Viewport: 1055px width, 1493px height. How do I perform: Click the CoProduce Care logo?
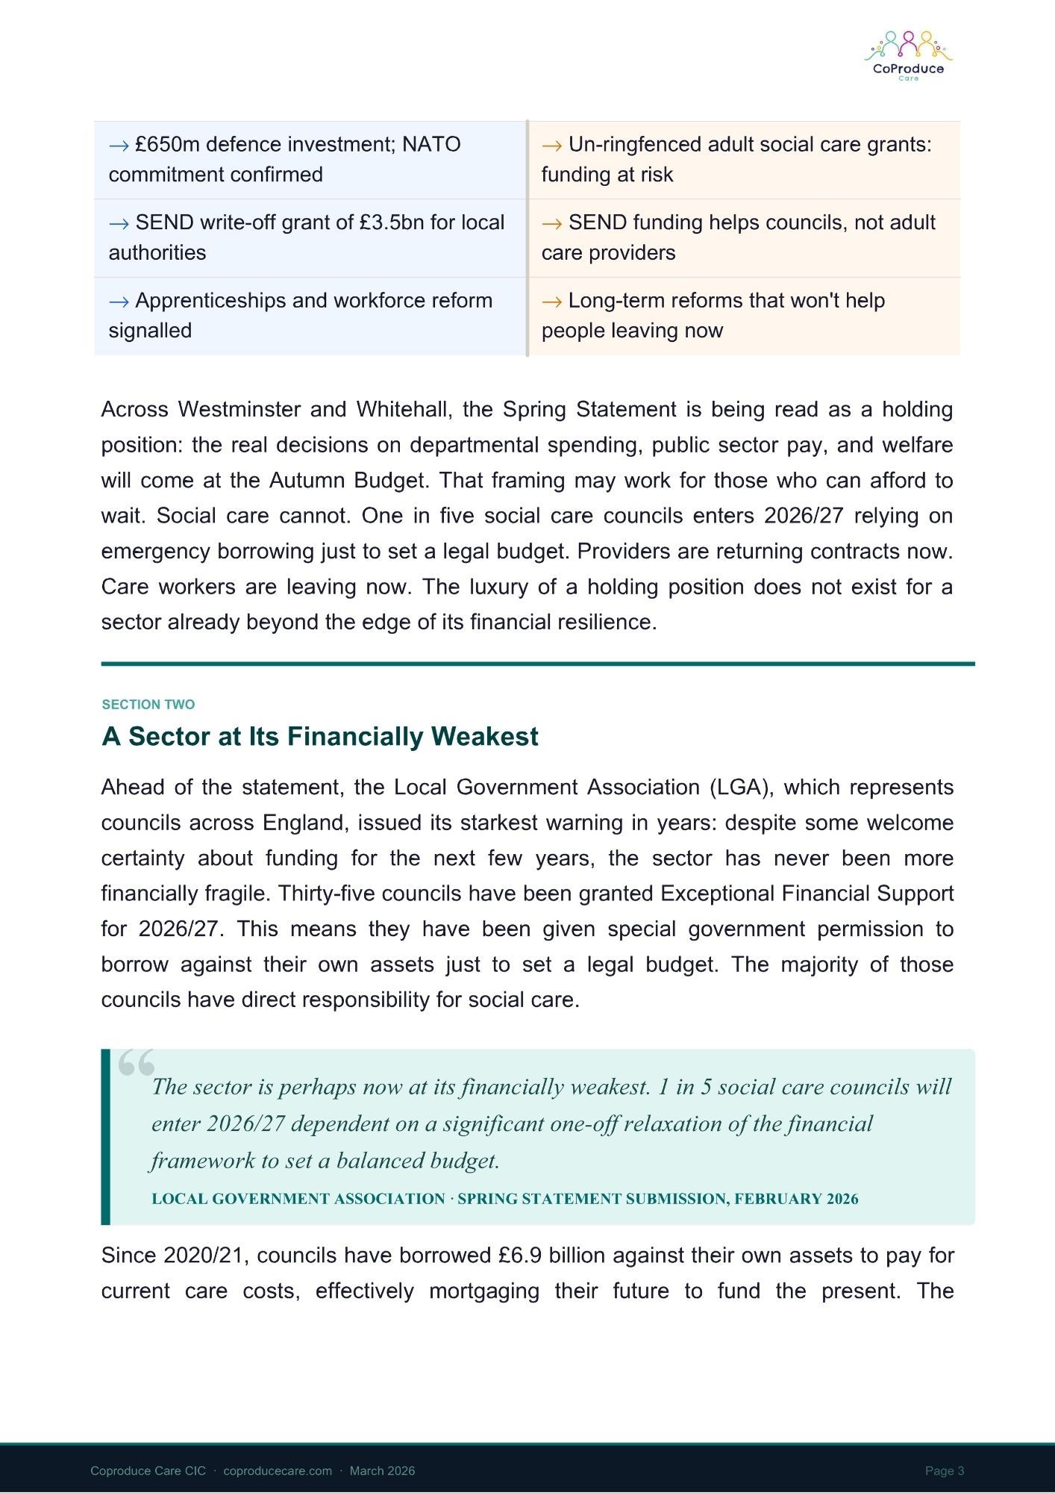[x=908, y=56]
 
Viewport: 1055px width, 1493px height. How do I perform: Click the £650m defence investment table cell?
[x=310, y=160]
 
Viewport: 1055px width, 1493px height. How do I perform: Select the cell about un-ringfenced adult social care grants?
[x=743, y=160]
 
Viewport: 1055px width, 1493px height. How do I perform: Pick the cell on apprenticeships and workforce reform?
[x=310, y=316]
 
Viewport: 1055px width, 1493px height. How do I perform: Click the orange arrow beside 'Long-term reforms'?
[x=551, y=302]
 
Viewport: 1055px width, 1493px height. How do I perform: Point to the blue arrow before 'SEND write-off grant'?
[x=119, y=223]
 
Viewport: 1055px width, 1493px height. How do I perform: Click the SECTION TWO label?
[x=148, y=705]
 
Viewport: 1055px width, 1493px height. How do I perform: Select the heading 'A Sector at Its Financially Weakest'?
[x=319, y=737]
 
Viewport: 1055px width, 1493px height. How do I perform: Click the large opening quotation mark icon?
[x=136, y=1062]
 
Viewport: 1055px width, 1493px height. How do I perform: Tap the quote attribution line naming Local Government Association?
[x=504, y=1199]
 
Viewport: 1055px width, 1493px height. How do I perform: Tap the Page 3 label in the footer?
[x=945, y=1471]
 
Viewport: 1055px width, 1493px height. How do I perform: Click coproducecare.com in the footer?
[x=278, y=1471]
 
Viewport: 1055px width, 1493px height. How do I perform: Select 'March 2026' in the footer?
[x=382, y=1471]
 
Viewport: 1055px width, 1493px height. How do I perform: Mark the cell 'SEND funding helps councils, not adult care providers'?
[x=743, y=238]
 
